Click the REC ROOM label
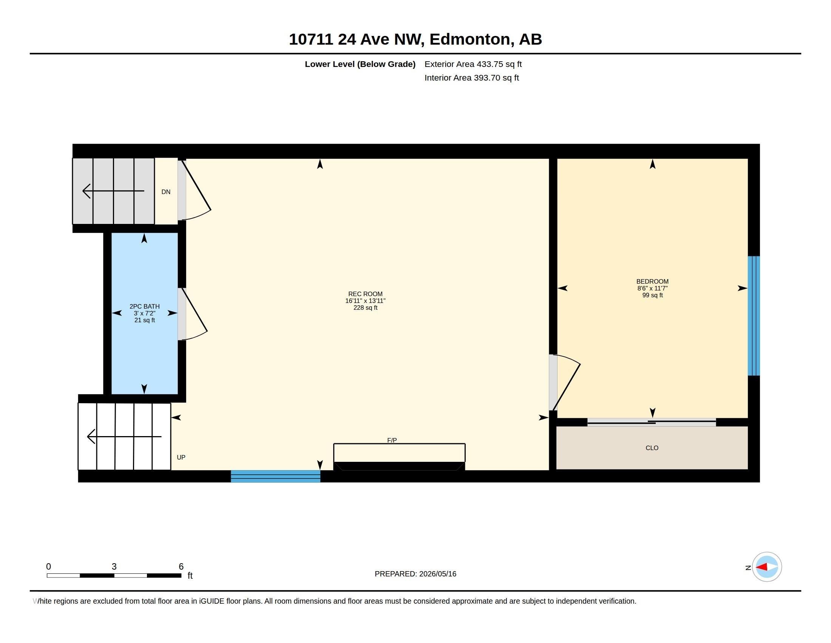click(x=365, y=294)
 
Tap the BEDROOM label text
click(x=652, y=281)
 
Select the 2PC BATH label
click(x=145, y=306)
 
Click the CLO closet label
click(x=652, y=448)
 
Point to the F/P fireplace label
click(x=392, y=440)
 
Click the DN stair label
click(x=166, y=192)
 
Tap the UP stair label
click(x=181, y=457)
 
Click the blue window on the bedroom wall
click(x=754, y=316)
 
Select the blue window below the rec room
click(x=275, y=476)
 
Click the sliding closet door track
click(x=652, y=422)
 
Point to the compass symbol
click(x=767, y=567)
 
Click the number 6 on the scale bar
click(x=181, y=567)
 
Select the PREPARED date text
click(x=415, y=574)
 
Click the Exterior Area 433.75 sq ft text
click(x=473, y=64)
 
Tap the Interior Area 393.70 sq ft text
click(x=471, y=78)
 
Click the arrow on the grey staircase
click(x=113, y=191)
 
